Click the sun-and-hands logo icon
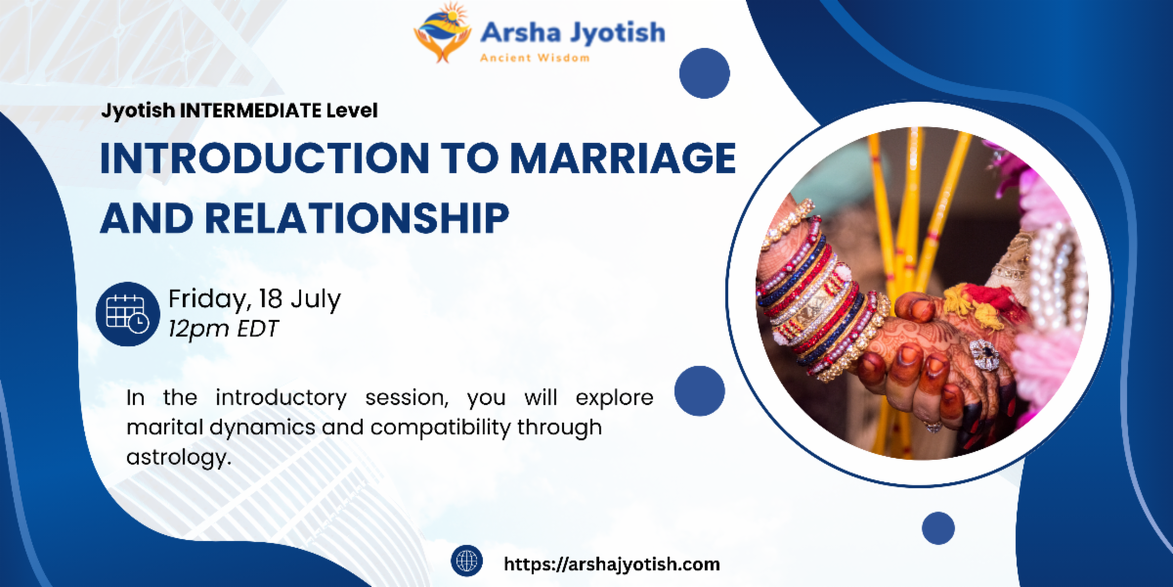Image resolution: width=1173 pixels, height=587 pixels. tap(443, 32)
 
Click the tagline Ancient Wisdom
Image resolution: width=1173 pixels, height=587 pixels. tap(535, 58)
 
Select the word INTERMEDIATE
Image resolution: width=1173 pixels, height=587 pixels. tap(250, 111)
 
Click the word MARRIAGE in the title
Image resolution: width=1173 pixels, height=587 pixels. tap(624, 158)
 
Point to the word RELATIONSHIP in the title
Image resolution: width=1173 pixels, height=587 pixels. tap(357, 218)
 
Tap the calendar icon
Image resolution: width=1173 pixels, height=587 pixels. tap(128, 314)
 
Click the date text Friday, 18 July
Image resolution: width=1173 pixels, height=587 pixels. tap(254, 299)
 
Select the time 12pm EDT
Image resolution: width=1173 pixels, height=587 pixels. tap(223, 329)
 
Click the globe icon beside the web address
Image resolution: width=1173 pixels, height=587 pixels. tap(466, 561)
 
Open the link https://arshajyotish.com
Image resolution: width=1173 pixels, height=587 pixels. tap(612, 564)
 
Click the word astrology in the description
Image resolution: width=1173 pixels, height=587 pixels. tap(179, 458)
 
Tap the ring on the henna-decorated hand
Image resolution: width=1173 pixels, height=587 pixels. tap(985, 355)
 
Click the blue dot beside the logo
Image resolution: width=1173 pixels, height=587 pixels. tap(705, 73)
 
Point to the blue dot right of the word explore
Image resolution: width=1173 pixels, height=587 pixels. tap(700, 391)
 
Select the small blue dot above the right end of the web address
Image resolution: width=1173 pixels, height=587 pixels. tap(938, 528)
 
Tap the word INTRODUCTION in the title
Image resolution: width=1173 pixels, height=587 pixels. tap(265, 158)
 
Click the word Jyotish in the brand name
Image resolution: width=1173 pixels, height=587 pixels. tap(618, 33)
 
